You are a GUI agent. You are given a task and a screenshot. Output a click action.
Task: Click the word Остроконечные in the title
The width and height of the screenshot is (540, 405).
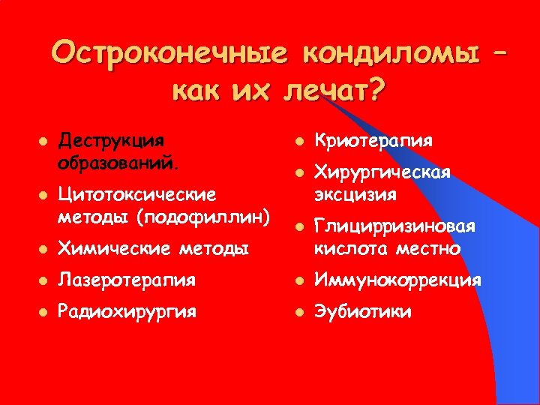point(169,54)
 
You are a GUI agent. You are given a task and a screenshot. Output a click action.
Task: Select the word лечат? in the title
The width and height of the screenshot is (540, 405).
point(334,92)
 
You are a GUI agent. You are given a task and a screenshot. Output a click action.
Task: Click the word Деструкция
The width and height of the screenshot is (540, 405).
point(112,141)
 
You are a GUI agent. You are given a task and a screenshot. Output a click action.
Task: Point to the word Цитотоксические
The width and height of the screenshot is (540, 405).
point(138,195)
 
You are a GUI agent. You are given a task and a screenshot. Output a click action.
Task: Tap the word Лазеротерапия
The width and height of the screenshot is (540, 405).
point(127,280)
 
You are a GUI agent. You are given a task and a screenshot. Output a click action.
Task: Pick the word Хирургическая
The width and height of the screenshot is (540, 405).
point(382,173)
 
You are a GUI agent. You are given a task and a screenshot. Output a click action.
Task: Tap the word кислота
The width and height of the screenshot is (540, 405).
point(349,247)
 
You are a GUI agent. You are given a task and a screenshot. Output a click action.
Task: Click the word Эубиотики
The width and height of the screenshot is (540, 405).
point(363,312)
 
